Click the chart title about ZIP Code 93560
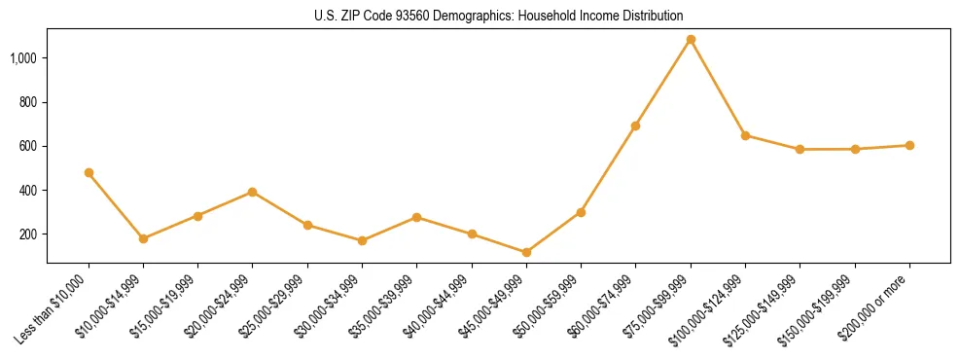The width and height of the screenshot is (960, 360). pyautogui.click(x=498, y=16)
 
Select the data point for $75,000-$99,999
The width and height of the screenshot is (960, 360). pyautogui.click(x=691, y=40)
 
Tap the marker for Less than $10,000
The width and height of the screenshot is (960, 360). pyautogui.click(x=89, y=172)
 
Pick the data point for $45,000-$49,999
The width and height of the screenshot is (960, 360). pyautogui.click(x=526, y=252)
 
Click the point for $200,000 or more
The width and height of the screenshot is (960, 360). pyautogui.click(x=909, y=145)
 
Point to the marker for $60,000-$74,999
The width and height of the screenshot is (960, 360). pyautogui.click(x=635, y=126)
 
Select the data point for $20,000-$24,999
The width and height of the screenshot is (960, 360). pyautogui.click(x=253, y=192)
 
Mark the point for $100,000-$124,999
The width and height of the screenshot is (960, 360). pyautogui.click(x=745, y=135)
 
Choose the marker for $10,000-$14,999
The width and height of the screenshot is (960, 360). pyautogui.click(x=143, y=238)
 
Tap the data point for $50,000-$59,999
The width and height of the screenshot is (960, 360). pyautogui.click(x=581, y=212)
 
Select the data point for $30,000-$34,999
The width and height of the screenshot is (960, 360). pyautogui.click(x=362, y=240)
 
